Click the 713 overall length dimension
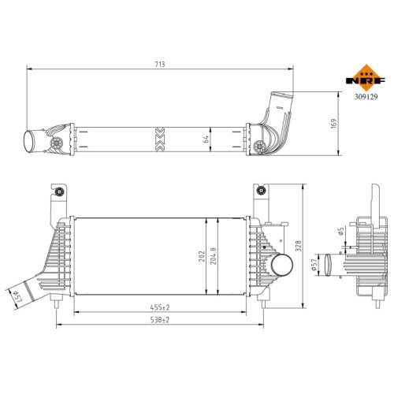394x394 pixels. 160,65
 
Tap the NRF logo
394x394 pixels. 366,78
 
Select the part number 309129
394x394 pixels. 366,97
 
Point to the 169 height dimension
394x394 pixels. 333,125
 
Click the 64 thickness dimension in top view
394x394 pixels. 206,139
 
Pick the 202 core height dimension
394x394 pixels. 202,256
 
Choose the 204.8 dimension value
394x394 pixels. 214,255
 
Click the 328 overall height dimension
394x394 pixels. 299,246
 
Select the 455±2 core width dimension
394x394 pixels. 160,307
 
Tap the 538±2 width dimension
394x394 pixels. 160,320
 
